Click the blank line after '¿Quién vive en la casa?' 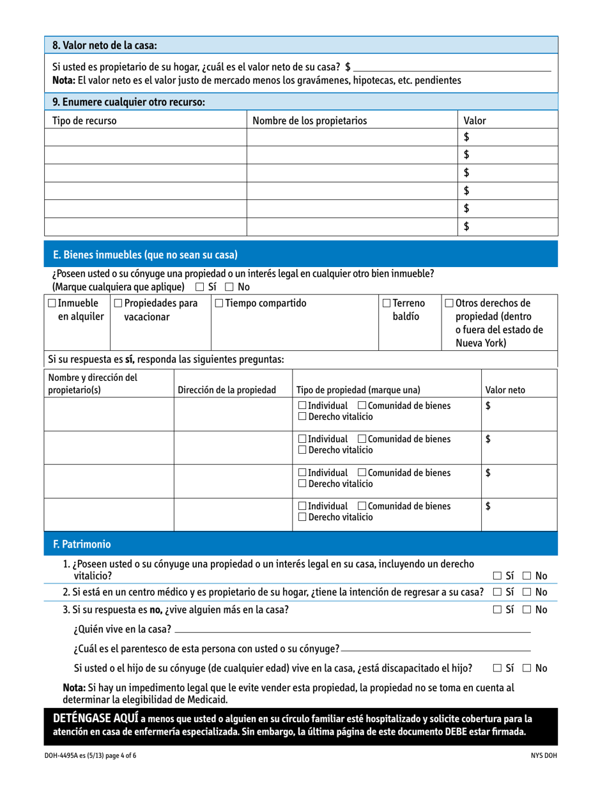(351, 631)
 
